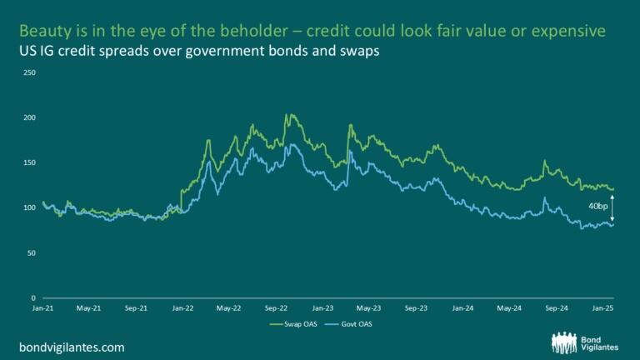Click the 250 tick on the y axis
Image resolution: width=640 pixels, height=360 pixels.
click(30, 72)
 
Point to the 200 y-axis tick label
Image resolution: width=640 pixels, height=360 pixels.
click(30, 117)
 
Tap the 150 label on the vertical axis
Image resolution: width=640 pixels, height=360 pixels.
click(30, 162)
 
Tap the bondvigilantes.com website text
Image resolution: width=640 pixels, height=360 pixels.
click(72, 345)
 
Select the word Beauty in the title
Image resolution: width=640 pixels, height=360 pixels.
click(43, 31)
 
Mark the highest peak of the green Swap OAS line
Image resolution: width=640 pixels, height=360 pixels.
click(288, 114)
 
